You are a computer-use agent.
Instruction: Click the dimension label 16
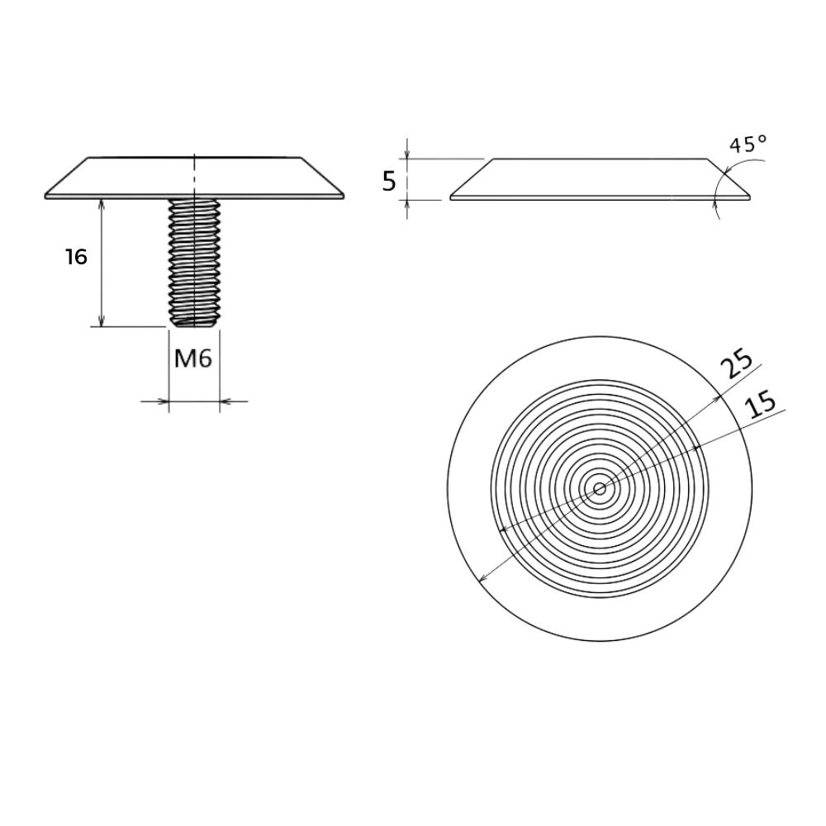(76, 257)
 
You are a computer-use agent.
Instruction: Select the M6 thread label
(192, 359)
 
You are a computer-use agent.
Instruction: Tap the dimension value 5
(389, 182)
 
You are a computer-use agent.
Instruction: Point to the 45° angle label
(748, 144)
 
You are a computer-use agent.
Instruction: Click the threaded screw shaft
(194, 263)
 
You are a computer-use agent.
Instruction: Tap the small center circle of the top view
(600, 489)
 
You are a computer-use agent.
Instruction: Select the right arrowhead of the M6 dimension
(226, 401)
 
